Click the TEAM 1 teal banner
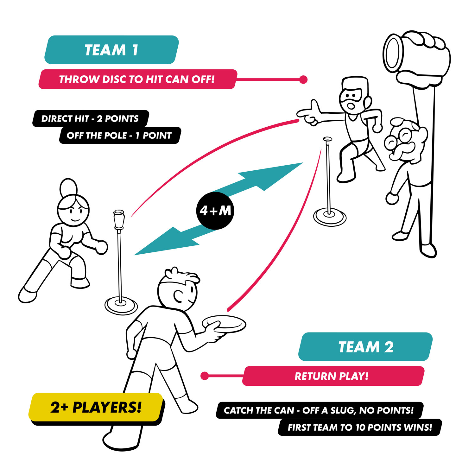[111, 50]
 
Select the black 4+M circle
[215, 211]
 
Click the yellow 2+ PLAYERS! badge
[96, 407]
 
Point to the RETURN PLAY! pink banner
[332, 376]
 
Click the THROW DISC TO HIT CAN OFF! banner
[137, 79]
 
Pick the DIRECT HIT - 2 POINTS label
[90, 118]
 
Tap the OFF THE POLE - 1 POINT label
[119, 136]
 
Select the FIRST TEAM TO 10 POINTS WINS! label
[359, 427]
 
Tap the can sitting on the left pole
[119, 218]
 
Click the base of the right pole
[330, 217]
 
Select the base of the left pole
[121, 305]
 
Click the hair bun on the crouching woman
[68, 187]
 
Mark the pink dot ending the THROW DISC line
[303, 79]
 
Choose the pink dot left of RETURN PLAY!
[205, 376]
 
